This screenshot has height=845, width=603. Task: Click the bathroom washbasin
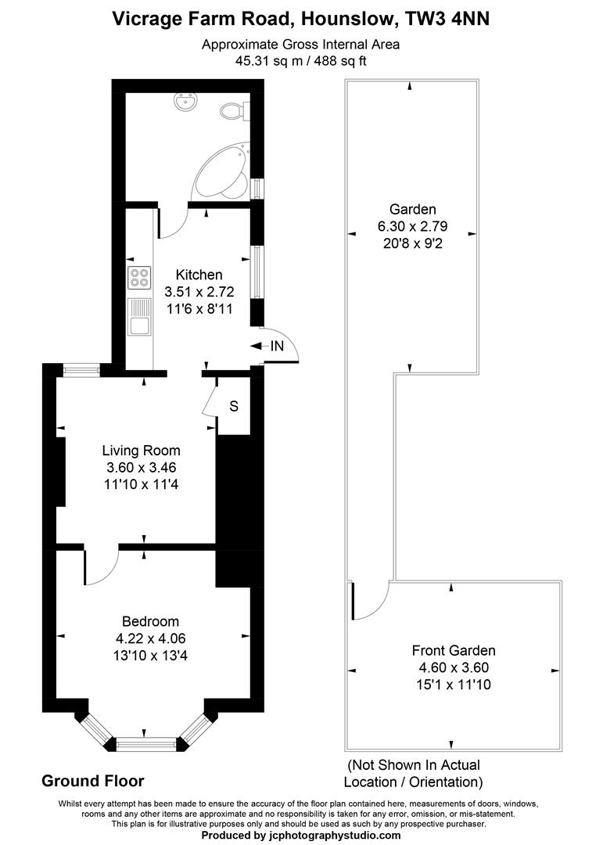(x=188, y=100)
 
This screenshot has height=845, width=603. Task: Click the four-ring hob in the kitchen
(x=139, y=278)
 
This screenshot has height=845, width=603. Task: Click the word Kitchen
(x=199, y=275)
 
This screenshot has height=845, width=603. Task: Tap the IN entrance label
(x=276, y=345)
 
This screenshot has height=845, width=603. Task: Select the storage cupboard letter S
(x=234, y=406)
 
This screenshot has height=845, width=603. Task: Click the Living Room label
(x=142, y=451)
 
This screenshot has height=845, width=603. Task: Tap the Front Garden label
(x=454, y=650)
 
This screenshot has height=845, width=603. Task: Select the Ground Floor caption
(x=92, y=780)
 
